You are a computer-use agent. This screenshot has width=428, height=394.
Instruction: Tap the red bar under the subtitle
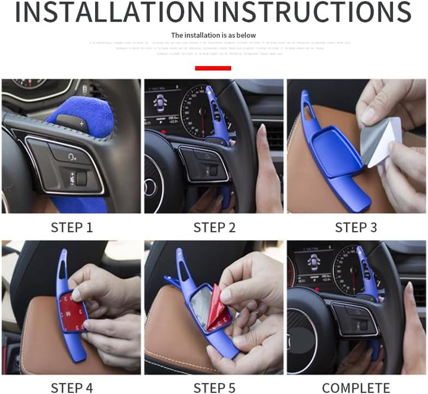213,68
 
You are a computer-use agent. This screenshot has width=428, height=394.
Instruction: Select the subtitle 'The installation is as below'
213,35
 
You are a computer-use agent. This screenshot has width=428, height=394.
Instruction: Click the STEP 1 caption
71,228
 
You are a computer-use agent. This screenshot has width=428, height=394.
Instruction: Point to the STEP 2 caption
214,228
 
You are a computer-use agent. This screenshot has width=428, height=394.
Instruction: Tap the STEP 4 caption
71,388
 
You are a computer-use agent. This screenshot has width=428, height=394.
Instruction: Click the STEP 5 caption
214,388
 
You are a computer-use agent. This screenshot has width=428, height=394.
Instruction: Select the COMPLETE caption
355,388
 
